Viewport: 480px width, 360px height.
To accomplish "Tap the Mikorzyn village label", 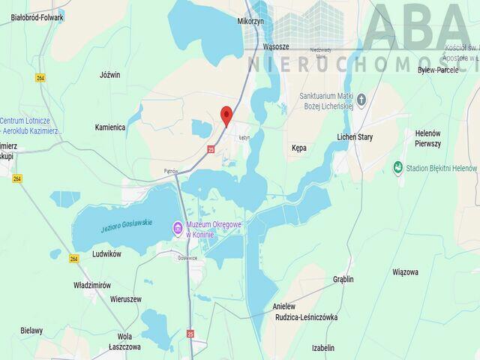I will (251, 22).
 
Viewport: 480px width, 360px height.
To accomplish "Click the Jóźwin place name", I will (109, 75).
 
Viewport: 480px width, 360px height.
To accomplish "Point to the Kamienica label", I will (109, 127).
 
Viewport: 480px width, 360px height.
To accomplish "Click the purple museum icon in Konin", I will (178, 228).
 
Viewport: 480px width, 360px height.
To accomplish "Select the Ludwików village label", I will (105, 254).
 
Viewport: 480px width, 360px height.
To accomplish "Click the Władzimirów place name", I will (92, 285).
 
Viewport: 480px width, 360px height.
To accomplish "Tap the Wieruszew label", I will (125, 298).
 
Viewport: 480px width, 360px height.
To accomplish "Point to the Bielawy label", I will (31, 330).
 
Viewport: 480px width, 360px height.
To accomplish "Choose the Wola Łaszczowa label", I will (124, 342).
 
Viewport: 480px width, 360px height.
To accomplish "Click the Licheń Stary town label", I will (355, 137).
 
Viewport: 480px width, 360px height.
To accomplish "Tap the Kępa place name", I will (298, 148).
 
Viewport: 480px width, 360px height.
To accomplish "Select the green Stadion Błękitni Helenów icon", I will (397, 168).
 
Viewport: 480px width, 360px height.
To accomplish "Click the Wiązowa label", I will (405, 271).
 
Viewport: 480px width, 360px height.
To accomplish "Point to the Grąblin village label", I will (343, 279).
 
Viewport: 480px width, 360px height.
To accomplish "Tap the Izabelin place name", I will (322, 348).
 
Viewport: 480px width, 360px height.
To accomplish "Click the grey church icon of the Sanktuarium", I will (361, 99).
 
